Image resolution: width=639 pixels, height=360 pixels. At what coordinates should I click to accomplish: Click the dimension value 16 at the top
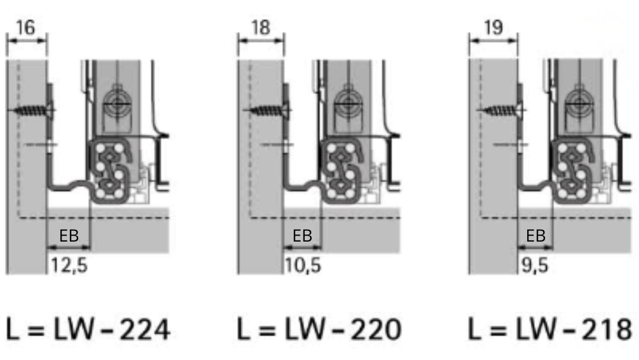pos(25,27)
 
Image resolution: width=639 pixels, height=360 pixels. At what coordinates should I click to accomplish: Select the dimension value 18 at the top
pos(260,27)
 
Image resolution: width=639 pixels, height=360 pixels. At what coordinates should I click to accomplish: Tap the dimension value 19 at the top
pos(493,27)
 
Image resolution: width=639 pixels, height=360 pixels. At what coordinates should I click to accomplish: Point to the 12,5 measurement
pos(69,265)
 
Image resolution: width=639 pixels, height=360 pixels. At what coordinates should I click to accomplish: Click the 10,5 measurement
pos(303,265)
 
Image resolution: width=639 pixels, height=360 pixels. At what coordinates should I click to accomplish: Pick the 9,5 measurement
pos(535,265)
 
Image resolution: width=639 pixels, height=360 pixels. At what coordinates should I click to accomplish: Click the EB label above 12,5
pos(69,236)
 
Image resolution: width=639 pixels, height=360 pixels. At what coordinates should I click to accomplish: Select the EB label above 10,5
pos(302,236)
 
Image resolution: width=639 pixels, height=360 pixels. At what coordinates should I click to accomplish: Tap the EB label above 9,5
pos(536,236)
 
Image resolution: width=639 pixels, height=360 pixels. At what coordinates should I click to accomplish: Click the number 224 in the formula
pos(145,329)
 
